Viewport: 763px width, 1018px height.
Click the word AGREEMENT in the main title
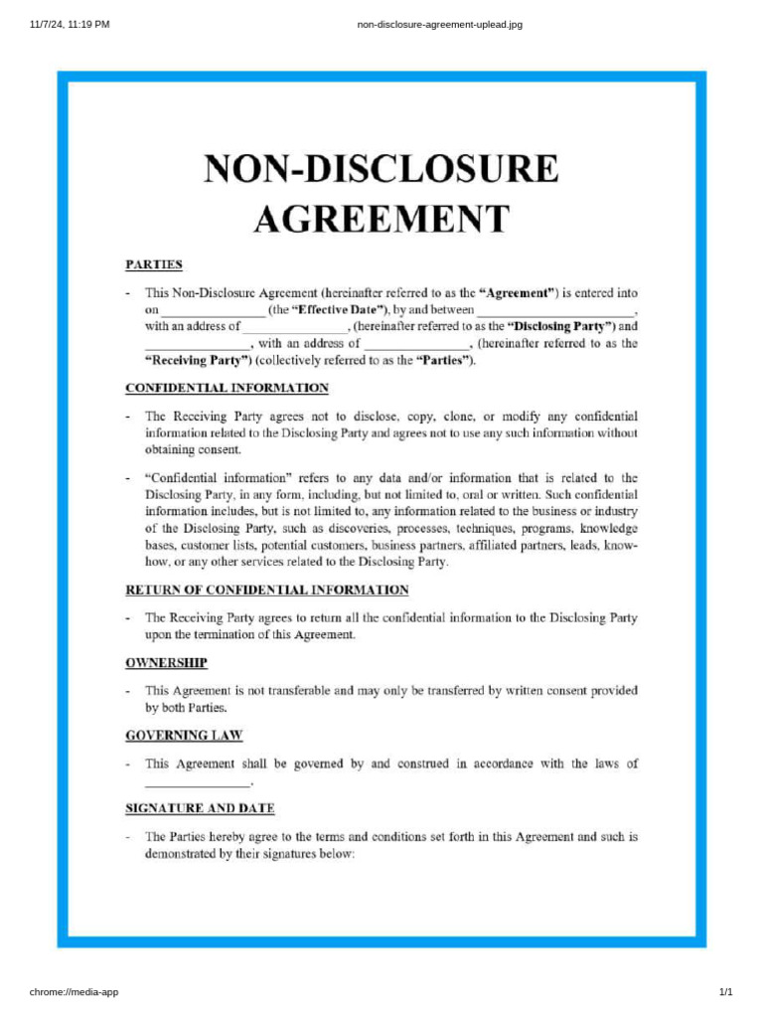381,217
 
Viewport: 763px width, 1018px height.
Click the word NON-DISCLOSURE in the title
381,169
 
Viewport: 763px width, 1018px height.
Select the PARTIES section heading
153,264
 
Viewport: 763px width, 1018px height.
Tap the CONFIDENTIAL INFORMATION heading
227,388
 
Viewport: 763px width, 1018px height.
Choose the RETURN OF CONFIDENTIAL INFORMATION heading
266,590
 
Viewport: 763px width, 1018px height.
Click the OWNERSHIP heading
166,662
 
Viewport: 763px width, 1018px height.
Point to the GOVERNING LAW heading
184,736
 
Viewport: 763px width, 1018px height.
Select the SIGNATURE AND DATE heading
200,808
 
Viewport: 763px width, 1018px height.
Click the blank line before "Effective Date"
214,312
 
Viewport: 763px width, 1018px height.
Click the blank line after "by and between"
555,312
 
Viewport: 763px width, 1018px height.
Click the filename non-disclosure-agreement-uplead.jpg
439,24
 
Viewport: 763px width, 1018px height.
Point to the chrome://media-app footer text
75,992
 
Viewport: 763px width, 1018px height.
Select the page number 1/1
725,992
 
